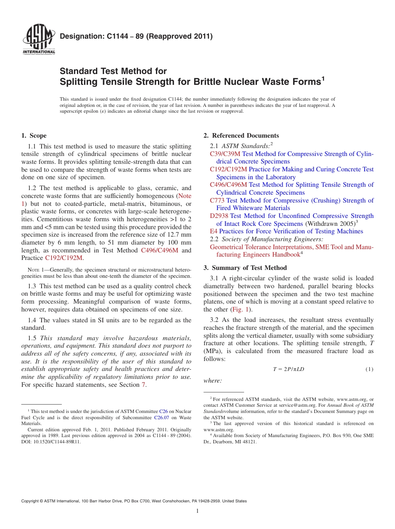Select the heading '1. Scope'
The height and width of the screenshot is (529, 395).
[x=34, y=136]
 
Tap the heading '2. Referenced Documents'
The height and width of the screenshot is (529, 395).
[x=241, y=136]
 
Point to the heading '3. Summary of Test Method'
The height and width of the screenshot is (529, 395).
[x=245, y=267]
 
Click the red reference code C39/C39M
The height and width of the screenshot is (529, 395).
[x=225, y=154]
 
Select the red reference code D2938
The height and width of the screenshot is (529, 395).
[x=219, y=216]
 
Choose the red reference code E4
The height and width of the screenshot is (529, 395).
[x=214, y=231]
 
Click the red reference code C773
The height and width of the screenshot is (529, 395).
[x=217, y=200]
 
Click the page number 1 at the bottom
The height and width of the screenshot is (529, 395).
[x=197, y=511]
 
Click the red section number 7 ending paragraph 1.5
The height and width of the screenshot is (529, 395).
[x=143, y=385]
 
